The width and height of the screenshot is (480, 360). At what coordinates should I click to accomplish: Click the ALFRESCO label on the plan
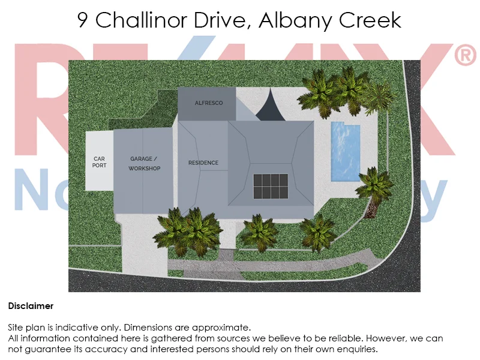(208, 103)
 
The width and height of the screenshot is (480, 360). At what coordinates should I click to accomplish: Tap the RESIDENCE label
(203, 163)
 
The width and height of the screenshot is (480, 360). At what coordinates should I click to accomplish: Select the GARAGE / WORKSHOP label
(145, 164)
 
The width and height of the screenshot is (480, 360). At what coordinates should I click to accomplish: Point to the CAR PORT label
(99, 162)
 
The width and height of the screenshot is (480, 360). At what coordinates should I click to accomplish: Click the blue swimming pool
(345, 151)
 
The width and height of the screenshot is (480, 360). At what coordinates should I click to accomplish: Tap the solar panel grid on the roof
(271, 186)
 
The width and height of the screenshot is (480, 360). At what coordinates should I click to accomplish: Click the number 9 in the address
(84, 20)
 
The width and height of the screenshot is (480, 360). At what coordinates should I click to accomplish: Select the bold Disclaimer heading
(31, 306)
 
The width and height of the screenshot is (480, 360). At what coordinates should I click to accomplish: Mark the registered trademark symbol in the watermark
(465, 56)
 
